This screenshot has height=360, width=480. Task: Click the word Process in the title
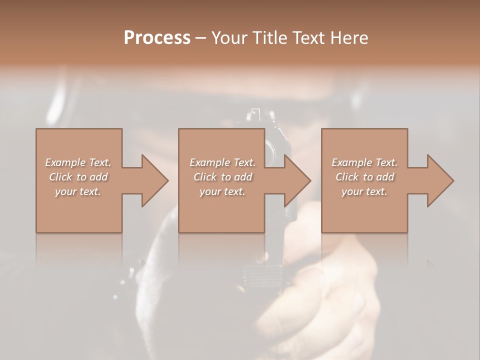click(x=157, y=37)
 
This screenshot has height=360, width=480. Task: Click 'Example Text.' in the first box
click(x=78, y=162)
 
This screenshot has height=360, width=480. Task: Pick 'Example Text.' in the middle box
click(x=222, y=162)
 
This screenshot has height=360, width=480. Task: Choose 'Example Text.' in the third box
click(x=364, y=162)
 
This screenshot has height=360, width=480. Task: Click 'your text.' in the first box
click(x=78, y=191)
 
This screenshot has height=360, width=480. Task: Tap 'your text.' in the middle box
click(x=222, y=191)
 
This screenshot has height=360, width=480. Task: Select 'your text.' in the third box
click(x=364, y=191)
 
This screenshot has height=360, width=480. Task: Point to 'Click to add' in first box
click(x=78, y=177)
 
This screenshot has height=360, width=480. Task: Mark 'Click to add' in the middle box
click(x=222, y=177)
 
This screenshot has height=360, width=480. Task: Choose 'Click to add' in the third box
click(x=364, y=177)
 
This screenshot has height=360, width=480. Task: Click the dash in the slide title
click(x=200, y=38)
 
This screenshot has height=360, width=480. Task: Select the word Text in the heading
click(x=308, y=37)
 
